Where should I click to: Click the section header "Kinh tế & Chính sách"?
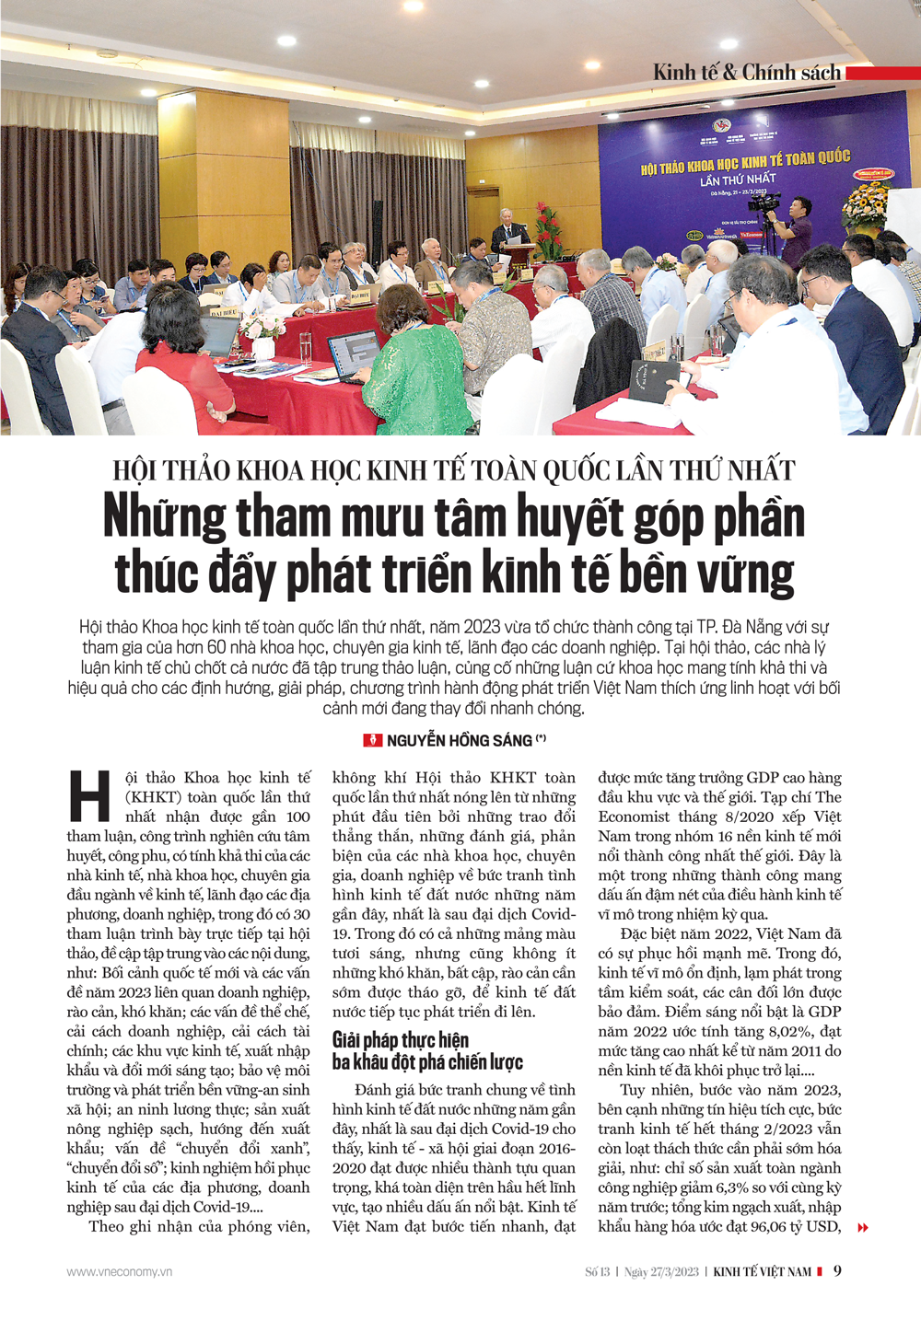(747, 73)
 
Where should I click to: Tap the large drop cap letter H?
(90, 795)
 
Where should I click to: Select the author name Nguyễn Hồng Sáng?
(460, 740)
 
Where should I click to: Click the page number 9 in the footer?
(837, 1271)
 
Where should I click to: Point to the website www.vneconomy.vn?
(120, 1271)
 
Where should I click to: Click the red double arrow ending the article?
(863, 1227)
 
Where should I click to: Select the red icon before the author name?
(373, 740)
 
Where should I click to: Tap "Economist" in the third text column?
(637, 817)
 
